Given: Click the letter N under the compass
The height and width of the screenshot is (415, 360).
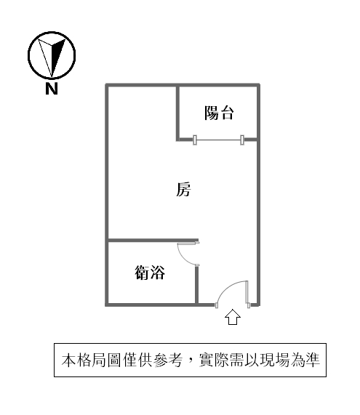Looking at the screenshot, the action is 52,89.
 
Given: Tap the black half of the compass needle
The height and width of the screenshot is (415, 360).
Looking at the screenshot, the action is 57,55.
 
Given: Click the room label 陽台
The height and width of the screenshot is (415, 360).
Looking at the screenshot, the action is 219,113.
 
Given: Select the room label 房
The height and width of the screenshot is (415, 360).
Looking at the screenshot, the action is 183,189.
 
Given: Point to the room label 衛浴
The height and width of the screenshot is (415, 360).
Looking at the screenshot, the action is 150,273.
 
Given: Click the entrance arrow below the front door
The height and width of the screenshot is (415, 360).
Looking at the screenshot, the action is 233,317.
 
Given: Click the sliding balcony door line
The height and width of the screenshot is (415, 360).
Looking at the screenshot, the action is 219,140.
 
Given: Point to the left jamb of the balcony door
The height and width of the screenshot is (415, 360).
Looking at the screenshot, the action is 195,140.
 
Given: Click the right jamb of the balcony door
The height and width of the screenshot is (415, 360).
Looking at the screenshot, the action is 242,140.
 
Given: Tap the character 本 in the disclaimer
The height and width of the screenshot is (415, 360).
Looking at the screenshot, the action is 68,360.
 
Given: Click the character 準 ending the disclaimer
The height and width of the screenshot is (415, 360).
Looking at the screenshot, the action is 313,360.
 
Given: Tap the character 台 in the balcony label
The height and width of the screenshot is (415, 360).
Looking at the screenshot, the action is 226,113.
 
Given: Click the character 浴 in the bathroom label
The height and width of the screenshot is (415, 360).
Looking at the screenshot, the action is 158,273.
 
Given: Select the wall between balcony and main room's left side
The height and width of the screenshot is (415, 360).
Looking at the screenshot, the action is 177,112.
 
